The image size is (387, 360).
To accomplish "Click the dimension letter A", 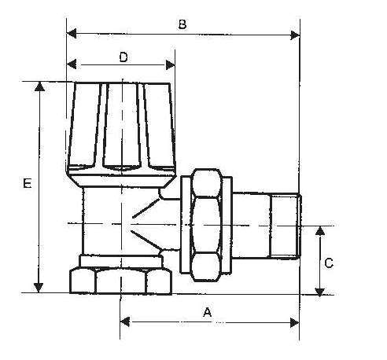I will click(x=208, y=312).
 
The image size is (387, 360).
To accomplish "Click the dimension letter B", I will click(x=182, y=24).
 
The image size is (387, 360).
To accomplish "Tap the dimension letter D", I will click(x=123, y=57).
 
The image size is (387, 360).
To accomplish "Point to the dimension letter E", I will click(x=26, y=184).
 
